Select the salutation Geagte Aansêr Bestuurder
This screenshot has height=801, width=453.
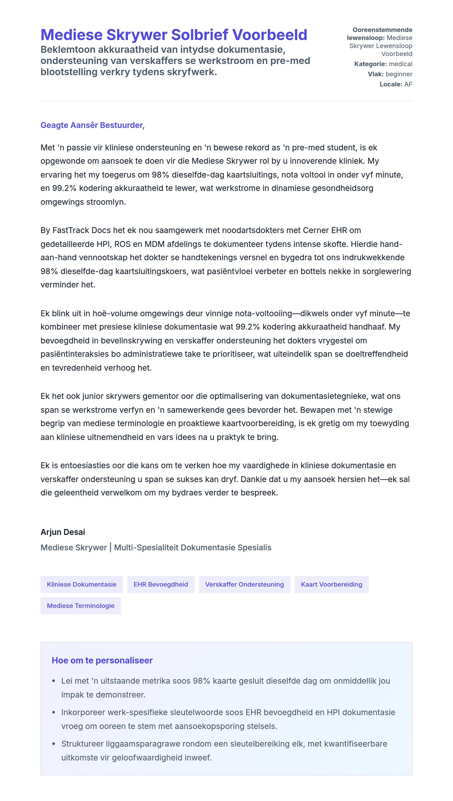(92, 125)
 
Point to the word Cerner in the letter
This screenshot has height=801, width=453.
(316, 230)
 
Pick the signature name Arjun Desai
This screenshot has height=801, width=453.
(63, 532)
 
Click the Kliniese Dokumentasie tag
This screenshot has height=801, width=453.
(82, 584)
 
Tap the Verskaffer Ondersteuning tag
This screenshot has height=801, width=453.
(244, 584)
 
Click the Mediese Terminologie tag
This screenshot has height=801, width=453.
(80, 606)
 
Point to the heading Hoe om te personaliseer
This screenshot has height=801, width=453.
(102, 660)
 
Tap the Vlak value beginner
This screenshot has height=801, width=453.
(399, 74)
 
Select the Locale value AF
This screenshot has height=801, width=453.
(408, 84)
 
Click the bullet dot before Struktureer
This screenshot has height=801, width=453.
(54, 744)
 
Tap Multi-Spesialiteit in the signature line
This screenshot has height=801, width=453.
(146, 548)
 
